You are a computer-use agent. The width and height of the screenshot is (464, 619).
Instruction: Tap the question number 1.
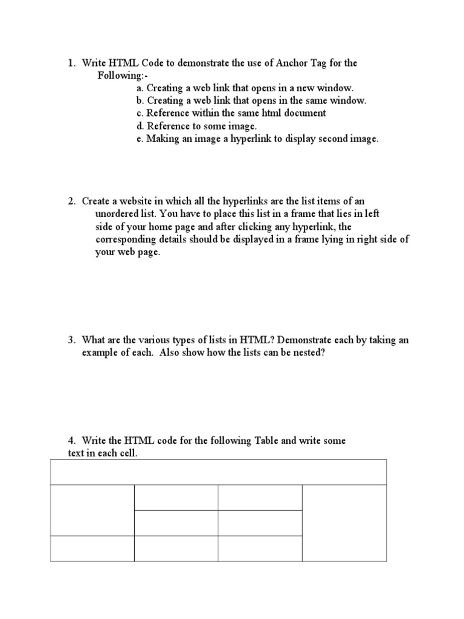[70, 63]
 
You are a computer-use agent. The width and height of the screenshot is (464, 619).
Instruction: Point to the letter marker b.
[140, 100]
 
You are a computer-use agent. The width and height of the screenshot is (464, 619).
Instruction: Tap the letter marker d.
[140, 126]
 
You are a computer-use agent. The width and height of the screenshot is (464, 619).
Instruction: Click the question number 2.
[70, 201]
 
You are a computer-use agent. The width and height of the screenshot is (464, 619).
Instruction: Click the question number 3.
[70, 340]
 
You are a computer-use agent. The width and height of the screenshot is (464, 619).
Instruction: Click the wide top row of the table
[218, 472]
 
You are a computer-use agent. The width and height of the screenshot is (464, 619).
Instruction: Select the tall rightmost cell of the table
[344, 523]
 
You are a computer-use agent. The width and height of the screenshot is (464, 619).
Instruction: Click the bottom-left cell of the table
[92, 548]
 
